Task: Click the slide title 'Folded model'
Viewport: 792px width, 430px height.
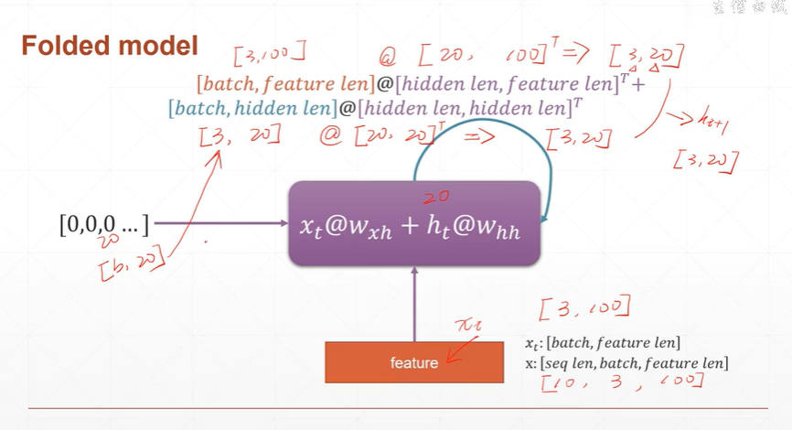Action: point(109,46)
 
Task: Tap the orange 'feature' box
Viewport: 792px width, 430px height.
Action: point(414,362)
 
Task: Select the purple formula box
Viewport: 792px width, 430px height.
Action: point(414,224)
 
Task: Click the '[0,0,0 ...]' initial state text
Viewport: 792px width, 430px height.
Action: point(104,221)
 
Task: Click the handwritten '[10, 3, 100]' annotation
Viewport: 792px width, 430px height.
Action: point(622,384)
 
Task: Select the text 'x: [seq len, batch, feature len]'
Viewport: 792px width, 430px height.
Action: point(626,362)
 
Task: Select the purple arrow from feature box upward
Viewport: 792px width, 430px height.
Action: point(414,302)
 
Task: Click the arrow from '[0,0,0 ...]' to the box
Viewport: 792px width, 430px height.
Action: point(219,222)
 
